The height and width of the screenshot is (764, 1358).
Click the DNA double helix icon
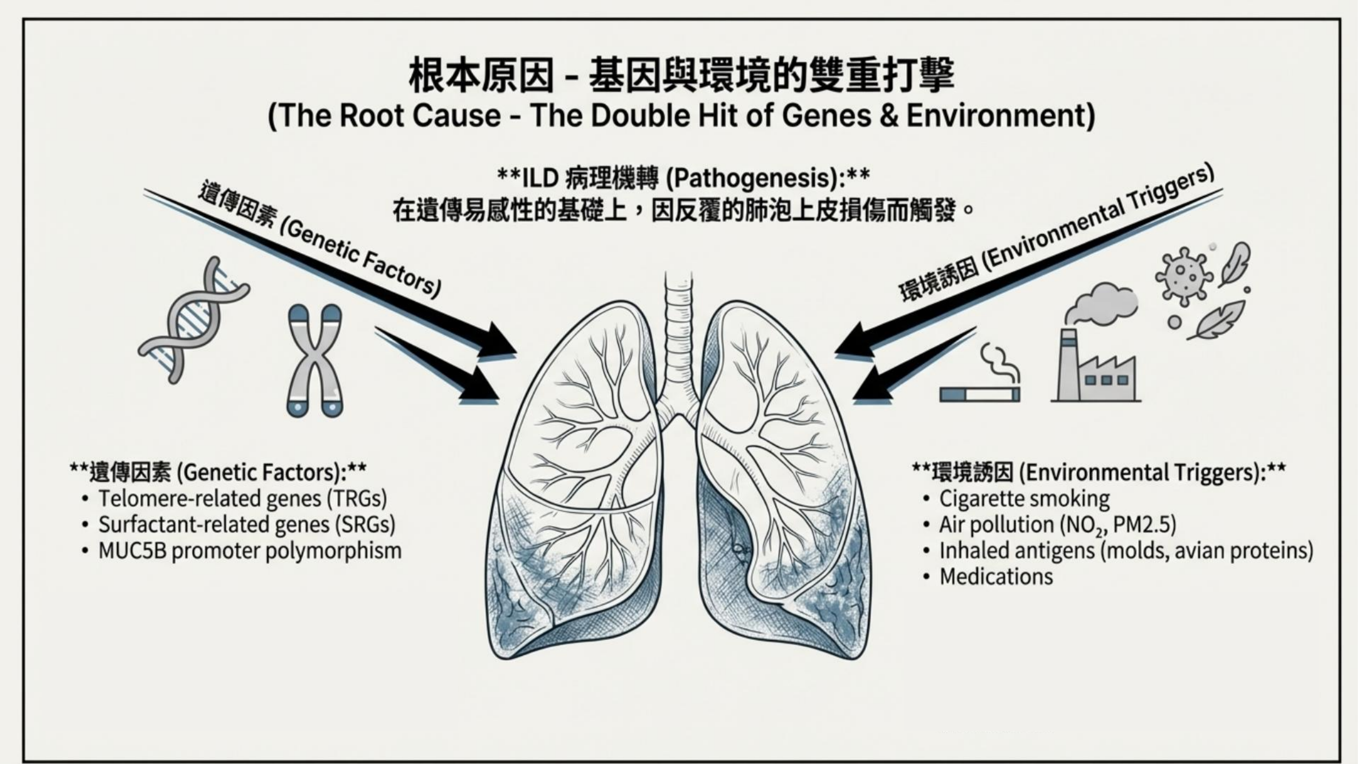[x=192, y=319]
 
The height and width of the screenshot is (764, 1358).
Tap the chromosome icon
[x=315, y=360]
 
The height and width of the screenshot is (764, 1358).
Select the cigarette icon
[x=980, y=394]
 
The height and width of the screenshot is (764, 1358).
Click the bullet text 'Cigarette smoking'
[x=1024, y=498]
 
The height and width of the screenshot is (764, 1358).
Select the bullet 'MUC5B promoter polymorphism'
[x=250, y=551]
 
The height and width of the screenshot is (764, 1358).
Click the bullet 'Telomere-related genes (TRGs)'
[x=242, y=498]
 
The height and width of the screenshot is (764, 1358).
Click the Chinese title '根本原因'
[x=481, y=75]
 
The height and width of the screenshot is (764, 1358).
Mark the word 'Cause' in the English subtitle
[x=457, y=116]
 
